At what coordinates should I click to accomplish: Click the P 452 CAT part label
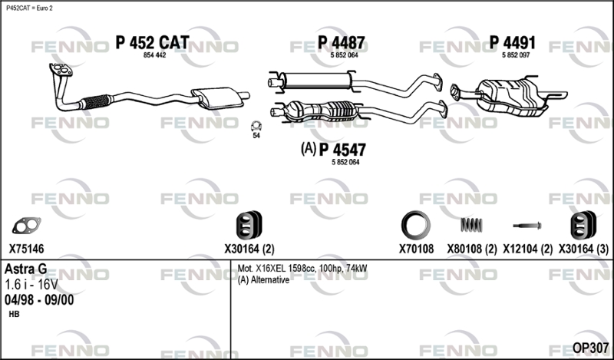coord(152,42)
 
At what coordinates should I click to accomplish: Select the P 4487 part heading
coord(342,42)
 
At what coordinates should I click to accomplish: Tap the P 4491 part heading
coord(513,42)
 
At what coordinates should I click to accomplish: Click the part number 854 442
coord(155,55)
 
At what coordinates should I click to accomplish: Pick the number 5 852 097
coord(517,55)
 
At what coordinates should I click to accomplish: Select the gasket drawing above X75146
coord(27,226)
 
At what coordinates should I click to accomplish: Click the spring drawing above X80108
coord(469,226)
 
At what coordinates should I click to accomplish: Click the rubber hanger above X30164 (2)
coord(249,226)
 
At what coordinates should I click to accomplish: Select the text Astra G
coord(26,269)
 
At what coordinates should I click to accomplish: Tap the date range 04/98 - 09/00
coord(40,300)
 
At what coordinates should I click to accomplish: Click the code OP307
coord(589,348)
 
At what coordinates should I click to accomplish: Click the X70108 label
coord(416,249)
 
